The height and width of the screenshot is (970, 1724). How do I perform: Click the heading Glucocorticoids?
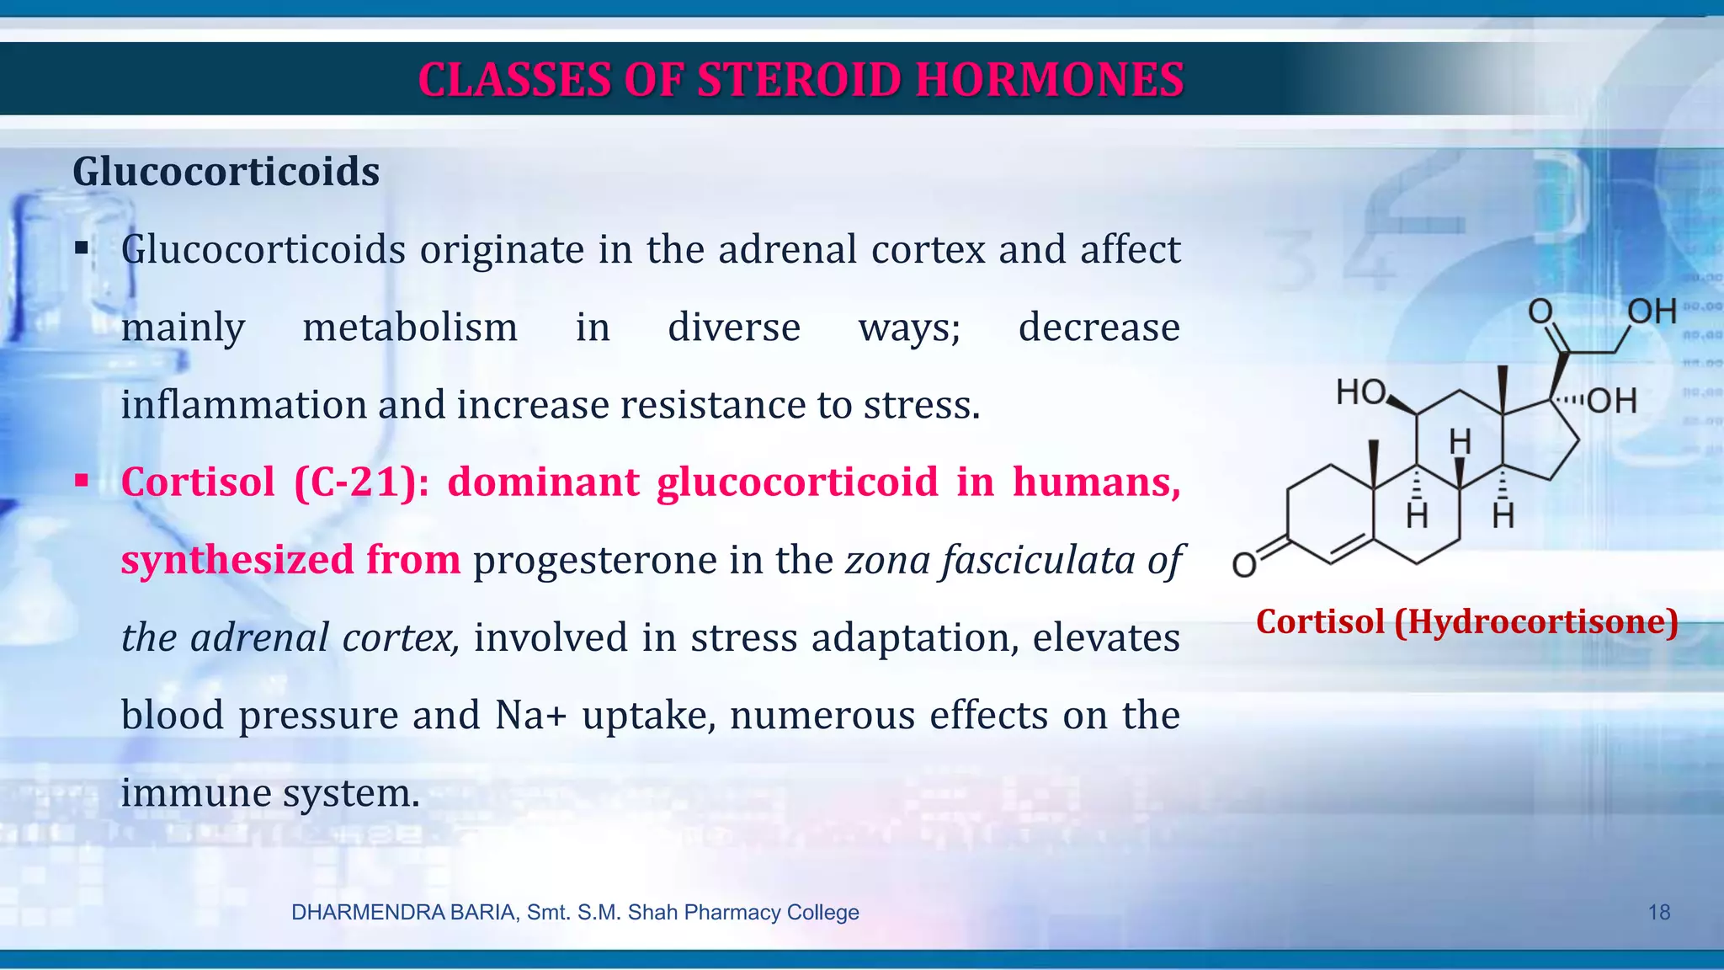tap(226, 172)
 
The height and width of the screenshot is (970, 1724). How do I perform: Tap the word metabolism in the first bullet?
tap(410, 328)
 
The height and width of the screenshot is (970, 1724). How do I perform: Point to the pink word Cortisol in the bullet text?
tap(198, 482)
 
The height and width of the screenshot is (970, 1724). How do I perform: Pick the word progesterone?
tap(594, 561)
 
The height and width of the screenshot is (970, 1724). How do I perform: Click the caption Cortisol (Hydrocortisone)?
tap(1466, 622)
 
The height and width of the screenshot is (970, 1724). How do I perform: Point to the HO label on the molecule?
tap(1360, 393)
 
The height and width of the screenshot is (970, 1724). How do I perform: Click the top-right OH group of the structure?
tap(1651, 312)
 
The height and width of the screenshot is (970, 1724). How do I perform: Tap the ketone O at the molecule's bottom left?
tap(1243, 565)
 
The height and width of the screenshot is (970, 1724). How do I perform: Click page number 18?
tap(1658, 913)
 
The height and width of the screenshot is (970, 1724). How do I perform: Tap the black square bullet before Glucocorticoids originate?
tap(81, 248)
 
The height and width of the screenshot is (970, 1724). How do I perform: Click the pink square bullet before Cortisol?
tap(81, 482)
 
